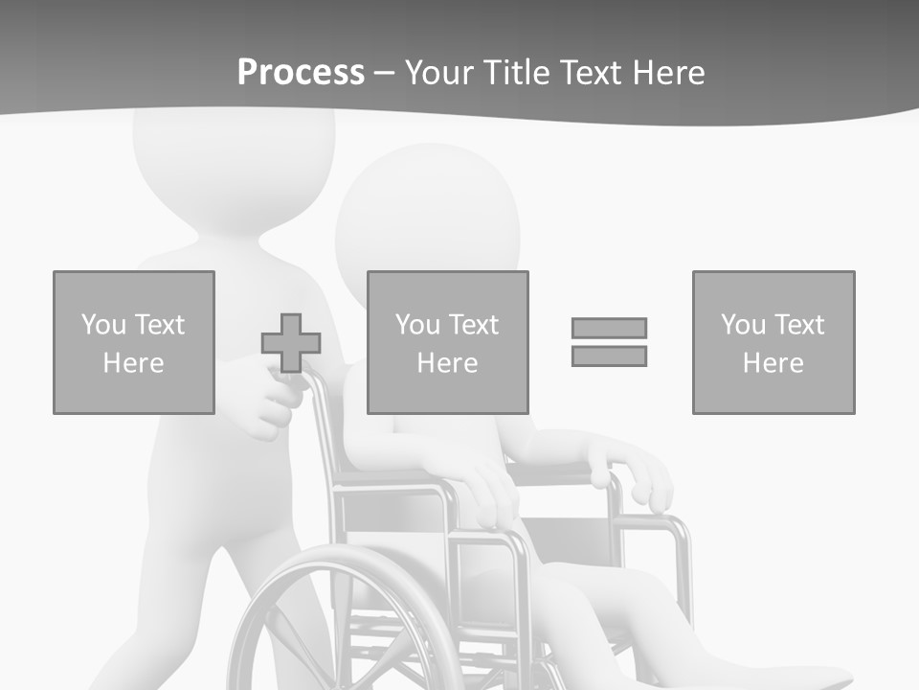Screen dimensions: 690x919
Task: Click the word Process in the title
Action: [x=301, y=72]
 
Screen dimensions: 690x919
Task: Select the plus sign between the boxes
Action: [x=291, y=343]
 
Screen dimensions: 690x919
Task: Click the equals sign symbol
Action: [x=609, y=342]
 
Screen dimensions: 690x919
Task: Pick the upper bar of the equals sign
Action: [x=609, y=328]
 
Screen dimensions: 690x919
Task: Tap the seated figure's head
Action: [x=428, y=216]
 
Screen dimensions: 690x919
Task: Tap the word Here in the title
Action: [x=668, y=72]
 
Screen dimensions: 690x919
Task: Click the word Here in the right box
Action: [x=773, y=363]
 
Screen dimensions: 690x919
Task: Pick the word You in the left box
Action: [x=103, y=325]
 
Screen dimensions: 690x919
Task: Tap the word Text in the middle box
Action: [x=473, y=325]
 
